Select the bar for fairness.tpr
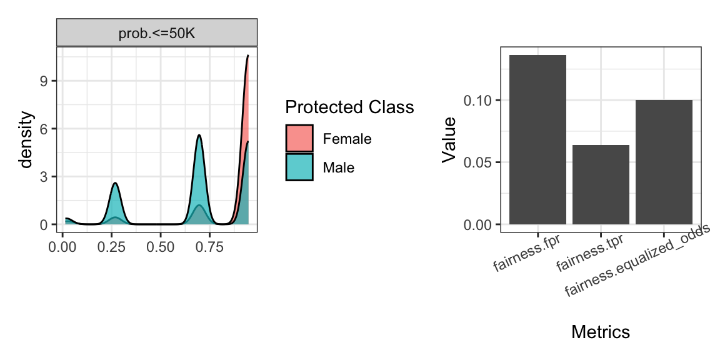601,184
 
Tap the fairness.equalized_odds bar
664,162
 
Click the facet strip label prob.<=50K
157,33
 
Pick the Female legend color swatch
299,139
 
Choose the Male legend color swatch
299,167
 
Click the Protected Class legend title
349,107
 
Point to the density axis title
26,140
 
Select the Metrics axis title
600,332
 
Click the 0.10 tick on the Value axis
477,100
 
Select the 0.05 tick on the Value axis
477,162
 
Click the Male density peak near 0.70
199,136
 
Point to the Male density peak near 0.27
116,183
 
